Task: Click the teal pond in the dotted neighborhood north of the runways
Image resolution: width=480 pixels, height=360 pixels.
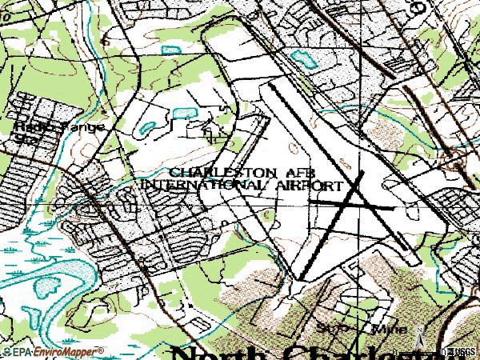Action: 302,58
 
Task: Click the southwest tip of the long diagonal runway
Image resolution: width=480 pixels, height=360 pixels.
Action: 302,279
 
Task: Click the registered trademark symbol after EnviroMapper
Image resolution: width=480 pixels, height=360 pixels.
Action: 102,350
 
